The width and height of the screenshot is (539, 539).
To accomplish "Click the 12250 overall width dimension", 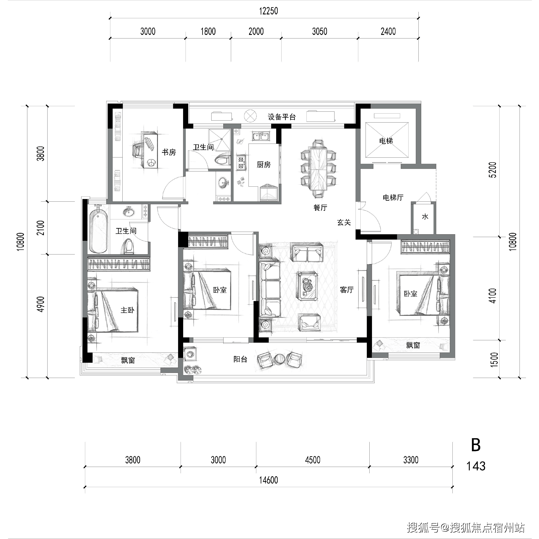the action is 268,11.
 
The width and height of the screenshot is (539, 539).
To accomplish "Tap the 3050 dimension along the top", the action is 319,31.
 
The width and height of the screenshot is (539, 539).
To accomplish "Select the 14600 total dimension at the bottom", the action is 268,480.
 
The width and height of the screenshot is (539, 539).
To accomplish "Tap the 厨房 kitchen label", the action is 264,165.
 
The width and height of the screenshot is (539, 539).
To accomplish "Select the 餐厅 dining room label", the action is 320,207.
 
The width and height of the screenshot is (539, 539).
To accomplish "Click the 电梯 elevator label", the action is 386,141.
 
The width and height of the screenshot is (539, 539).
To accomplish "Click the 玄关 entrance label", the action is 344,222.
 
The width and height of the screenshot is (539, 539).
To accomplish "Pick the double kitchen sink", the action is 261,136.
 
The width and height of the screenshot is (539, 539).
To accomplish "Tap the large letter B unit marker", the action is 476,445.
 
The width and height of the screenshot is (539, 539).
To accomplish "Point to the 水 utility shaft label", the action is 425,216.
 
